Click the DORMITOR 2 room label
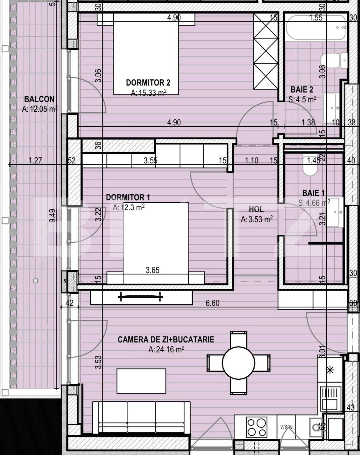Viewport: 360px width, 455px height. click(x=148, y=83)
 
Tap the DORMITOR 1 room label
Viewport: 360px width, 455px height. click(x=128, y=197)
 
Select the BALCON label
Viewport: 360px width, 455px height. click(x=39, y=99)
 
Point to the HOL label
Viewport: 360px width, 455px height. click(x=256, y=209)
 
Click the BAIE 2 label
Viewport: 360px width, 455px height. click(x=302, y=90)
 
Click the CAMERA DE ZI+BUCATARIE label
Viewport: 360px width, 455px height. click(x=166, y=340)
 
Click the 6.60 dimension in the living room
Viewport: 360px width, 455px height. click(x=213, y=303)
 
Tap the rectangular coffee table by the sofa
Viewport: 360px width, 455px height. click(x=141, y=381)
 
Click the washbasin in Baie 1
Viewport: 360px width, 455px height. click(x=335, y=212)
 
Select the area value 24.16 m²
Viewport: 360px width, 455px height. click(x=166, y=349)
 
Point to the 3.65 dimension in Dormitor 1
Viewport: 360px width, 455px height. click(x=152, y=270)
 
